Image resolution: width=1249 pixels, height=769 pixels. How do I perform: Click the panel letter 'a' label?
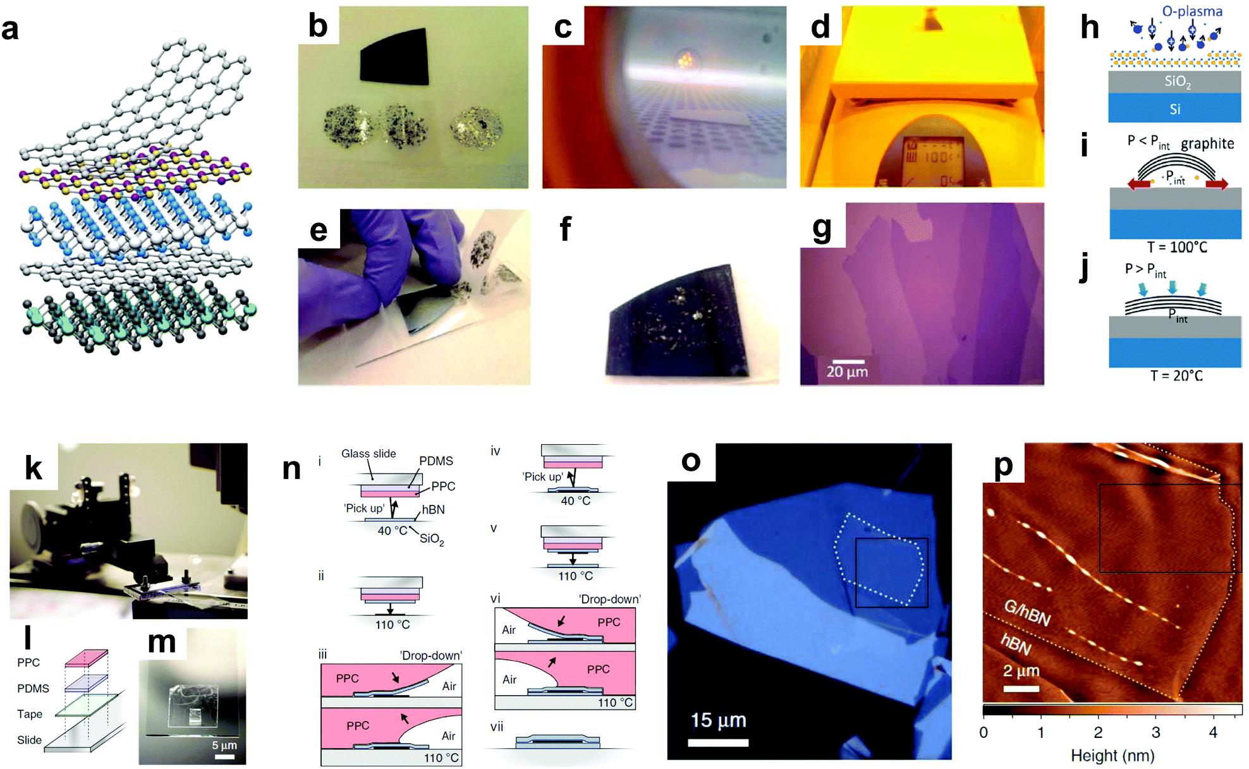click(x=11, y=29)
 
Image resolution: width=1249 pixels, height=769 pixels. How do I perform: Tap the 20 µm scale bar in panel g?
click(x=848, y=361)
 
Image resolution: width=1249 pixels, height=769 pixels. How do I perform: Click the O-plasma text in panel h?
click(x=1192, y=11)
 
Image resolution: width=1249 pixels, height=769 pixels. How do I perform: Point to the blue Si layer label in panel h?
click(x=1174, y=109)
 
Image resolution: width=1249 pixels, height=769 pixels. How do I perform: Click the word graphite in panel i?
click(x=1207, y=143)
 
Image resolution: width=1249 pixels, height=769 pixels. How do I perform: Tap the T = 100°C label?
click(x=1177, y=247)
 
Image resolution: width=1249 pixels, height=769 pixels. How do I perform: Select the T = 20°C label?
click(x=1176, y=375)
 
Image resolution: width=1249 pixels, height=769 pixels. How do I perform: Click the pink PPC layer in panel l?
click(x=86, y=658)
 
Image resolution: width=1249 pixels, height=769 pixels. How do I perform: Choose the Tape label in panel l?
click(x=30, y=714)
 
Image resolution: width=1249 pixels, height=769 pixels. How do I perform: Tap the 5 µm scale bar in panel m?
click(x=224, y=756)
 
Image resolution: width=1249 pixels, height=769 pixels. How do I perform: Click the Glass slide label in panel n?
click(x=369, y=454)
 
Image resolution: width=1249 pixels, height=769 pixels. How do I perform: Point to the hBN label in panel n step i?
click(x=433, y=509)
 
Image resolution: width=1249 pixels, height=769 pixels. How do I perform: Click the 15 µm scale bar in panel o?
click(x=718, y=742)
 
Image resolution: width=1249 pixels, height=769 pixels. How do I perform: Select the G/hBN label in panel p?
click(x=1027, y=612)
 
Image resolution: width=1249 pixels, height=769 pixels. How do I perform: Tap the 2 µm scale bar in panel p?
click(x=1021, y=688)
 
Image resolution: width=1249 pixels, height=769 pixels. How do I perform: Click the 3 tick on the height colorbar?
click(x=1155, y=732)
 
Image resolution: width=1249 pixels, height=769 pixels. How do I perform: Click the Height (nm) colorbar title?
click(x=1112, y=756)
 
